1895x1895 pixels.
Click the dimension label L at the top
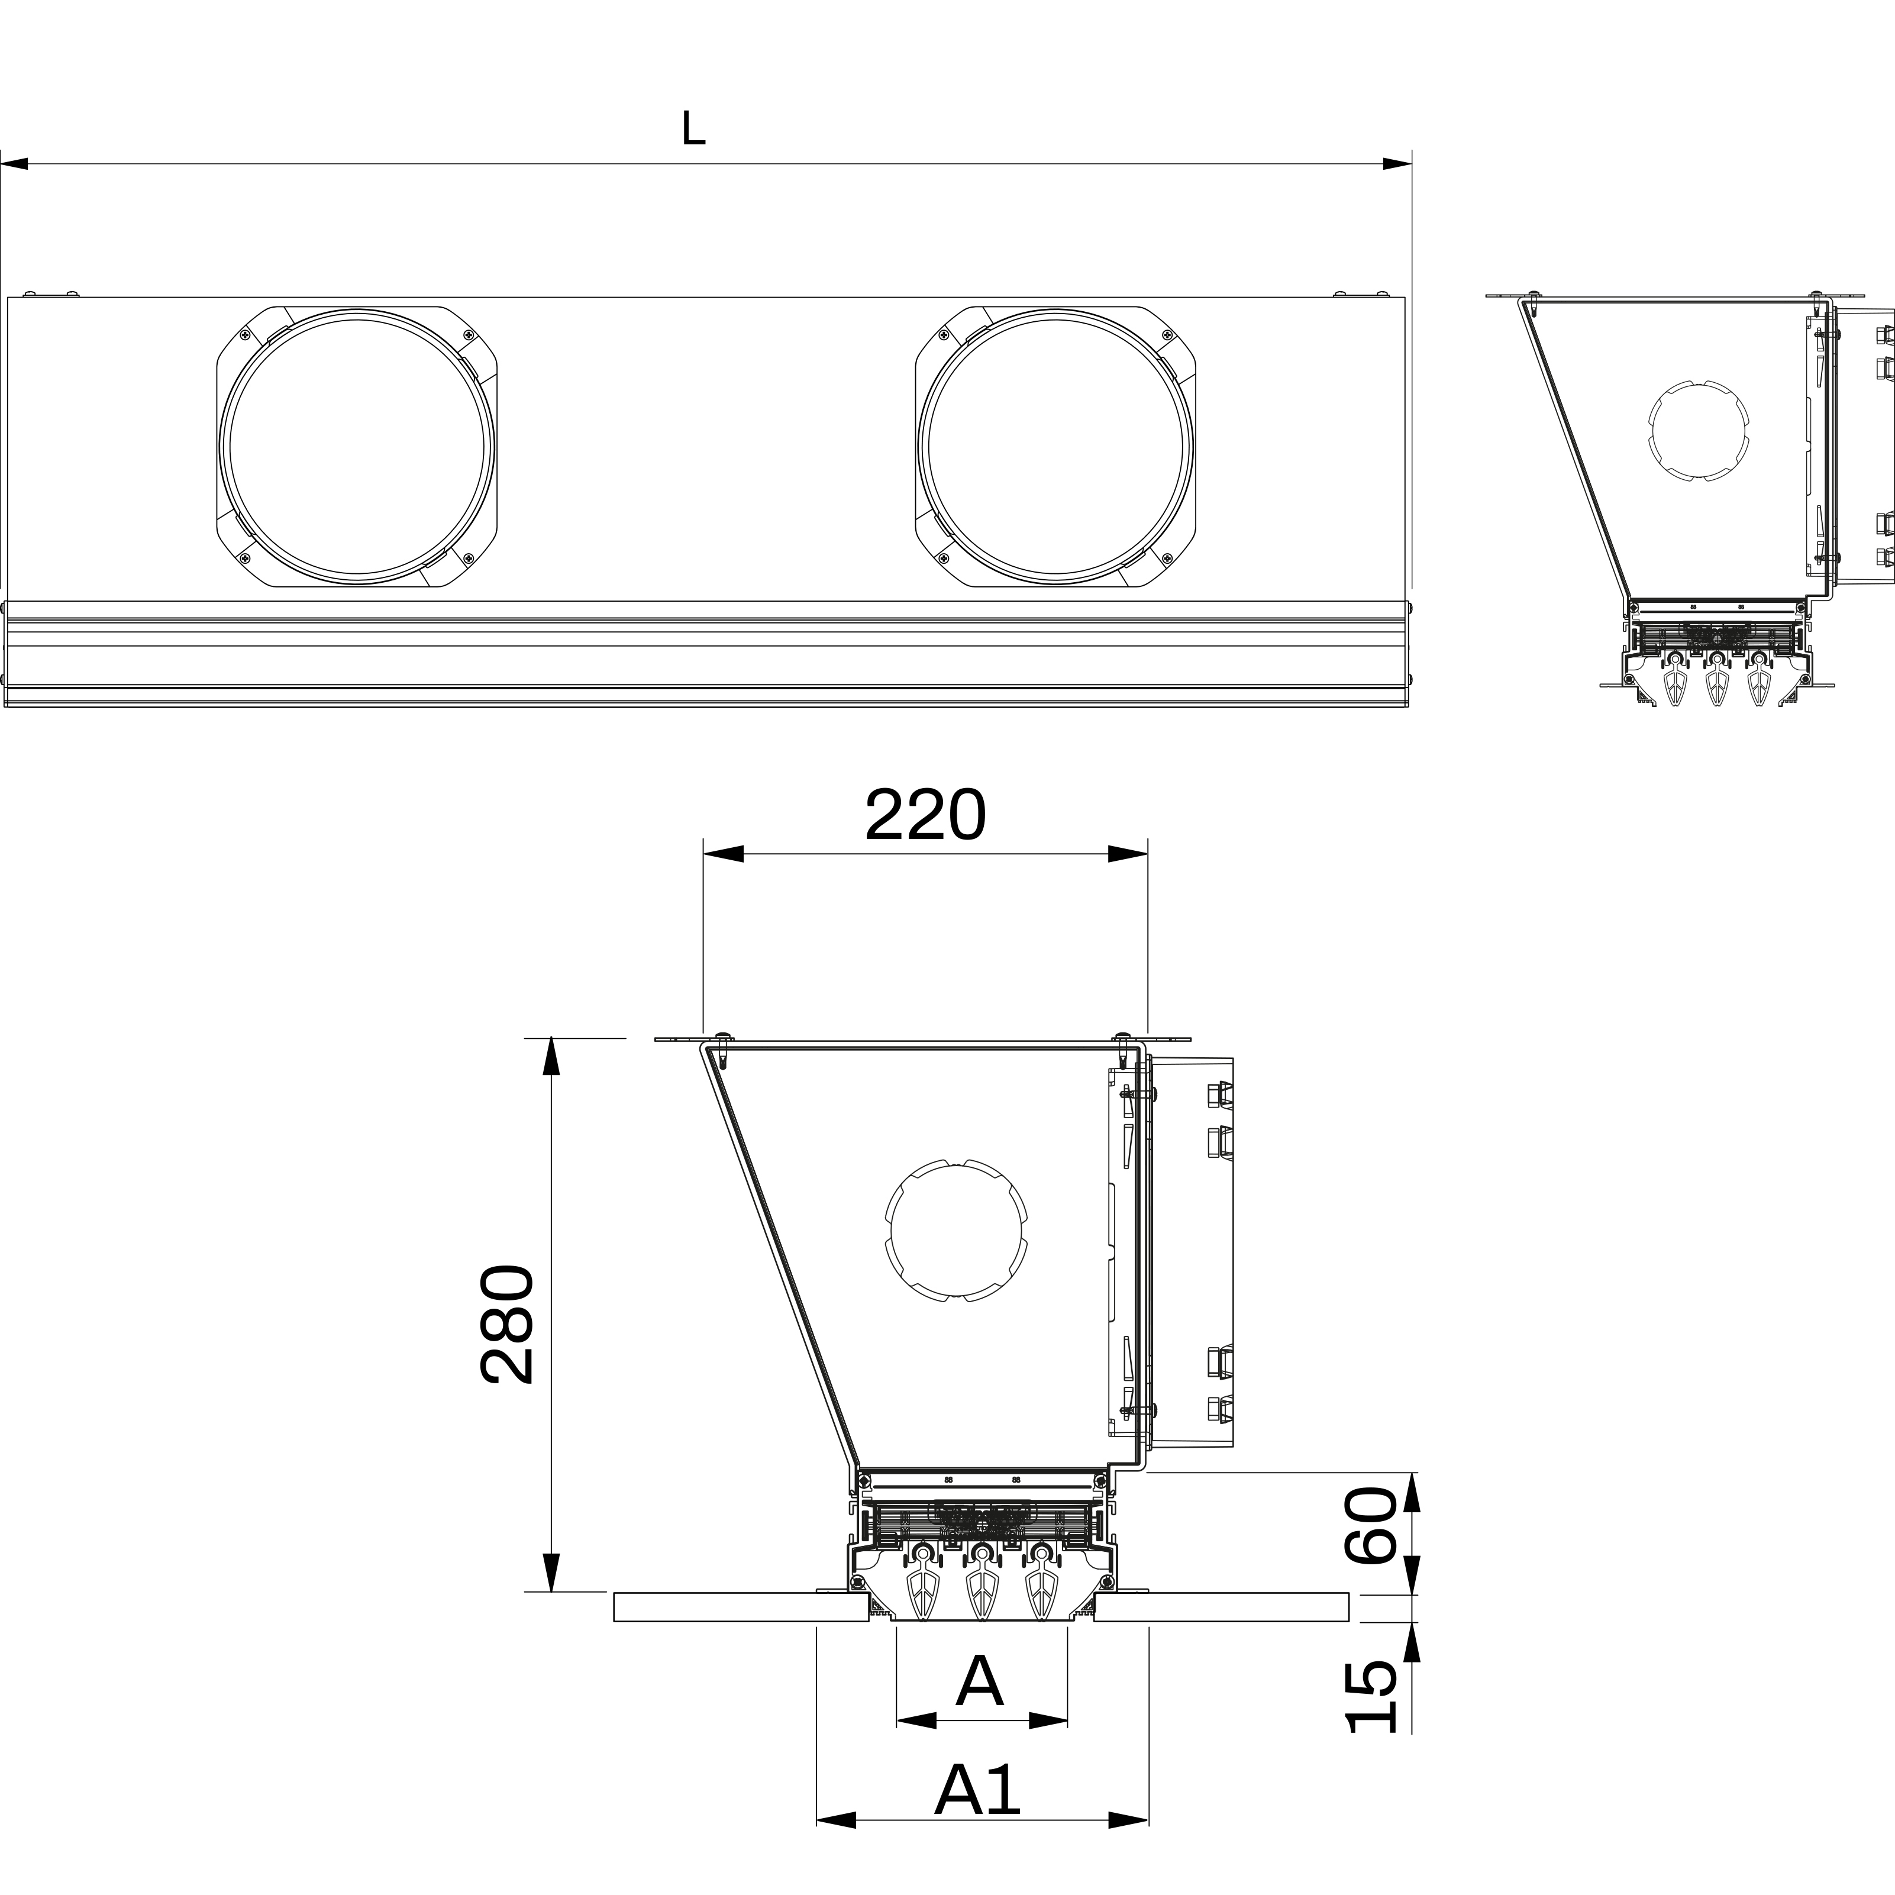[693, 128]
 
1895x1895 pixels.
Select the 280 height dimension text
[509, 1324]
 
